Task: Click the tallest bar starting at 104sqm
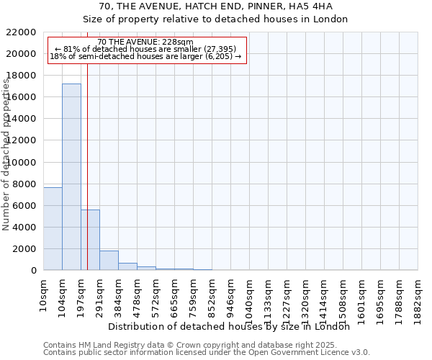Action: (71, 176)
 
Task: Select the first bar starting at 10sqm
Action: (53, 228)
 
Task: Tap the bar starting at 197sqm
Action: (90, 240)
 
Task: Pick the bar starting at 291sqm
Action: (109, 260)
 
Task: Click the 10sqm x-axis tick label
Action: (44, 292)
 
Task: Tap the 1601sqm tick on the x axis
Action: (362, 297)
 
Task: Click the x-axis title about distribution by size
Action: (233, 326)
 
